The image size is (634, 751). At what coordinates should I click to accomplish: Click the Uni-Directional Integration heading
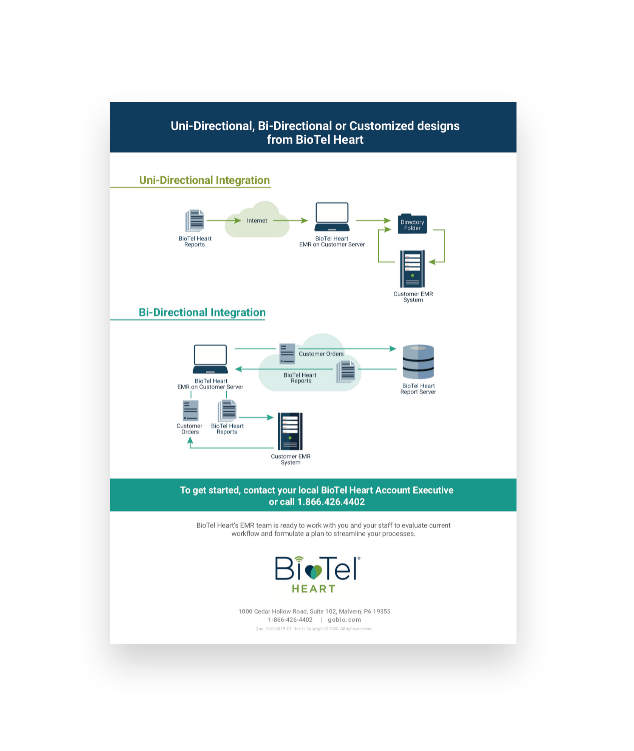(x=204, y=180)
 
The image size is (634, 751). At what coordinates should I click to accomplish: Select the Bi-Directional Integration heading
(x=202, y=313)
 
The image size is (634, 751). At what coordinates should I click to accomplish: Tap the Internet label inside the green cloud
(x=257, y=221)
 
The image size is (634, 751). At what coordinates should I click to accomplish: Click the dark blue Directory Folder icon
(x=412, y=224)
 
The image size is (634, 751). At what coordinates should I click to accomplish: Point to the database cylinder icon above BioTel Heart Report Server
(x=418, y=362)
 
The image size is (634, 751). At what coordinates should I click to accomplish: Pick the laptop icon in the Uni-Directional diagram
(x=332, y=217)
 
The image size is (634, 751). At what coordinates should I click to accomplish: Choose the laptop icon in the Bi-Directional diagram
(x=210, y=359)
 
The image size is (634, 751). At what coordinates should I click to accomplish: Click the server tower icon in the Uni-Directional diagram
(x=413, y=269)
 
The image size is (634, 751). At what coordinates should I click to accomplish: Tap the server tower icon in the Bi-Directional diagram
(x=290, y=431)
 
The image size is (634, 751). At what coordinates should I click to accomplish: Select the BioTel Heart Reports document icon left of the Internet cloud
(x=195, y=221)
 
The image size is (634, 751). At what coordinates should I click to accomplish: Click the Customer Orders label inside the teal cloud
(x=321, y=354)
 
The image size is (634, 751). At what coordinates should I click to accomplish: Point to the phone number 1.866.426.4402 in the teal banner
(x=331, y=502)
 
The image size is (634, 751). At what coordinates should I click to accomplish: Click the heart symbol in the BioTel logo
(x=313, y=572)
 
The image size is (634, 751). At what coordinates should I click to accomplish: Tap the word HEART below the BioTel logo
(x=314, y=589)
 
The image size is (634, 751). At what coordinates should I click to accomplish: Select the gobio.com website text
(x=344, y=620)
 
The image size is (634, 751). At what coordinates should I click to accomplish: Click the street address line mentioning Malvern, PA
(x=314, y=612)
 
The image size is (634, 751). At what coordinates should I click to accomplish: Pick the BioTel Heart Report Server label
(x=418, y=389)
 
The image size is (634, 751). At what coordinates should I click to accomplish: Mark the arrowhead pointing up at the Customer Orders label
(x=190, y=441)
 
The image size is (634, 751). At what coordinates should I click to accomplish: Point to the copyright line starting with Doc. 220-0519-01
(x=314, y=629)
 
